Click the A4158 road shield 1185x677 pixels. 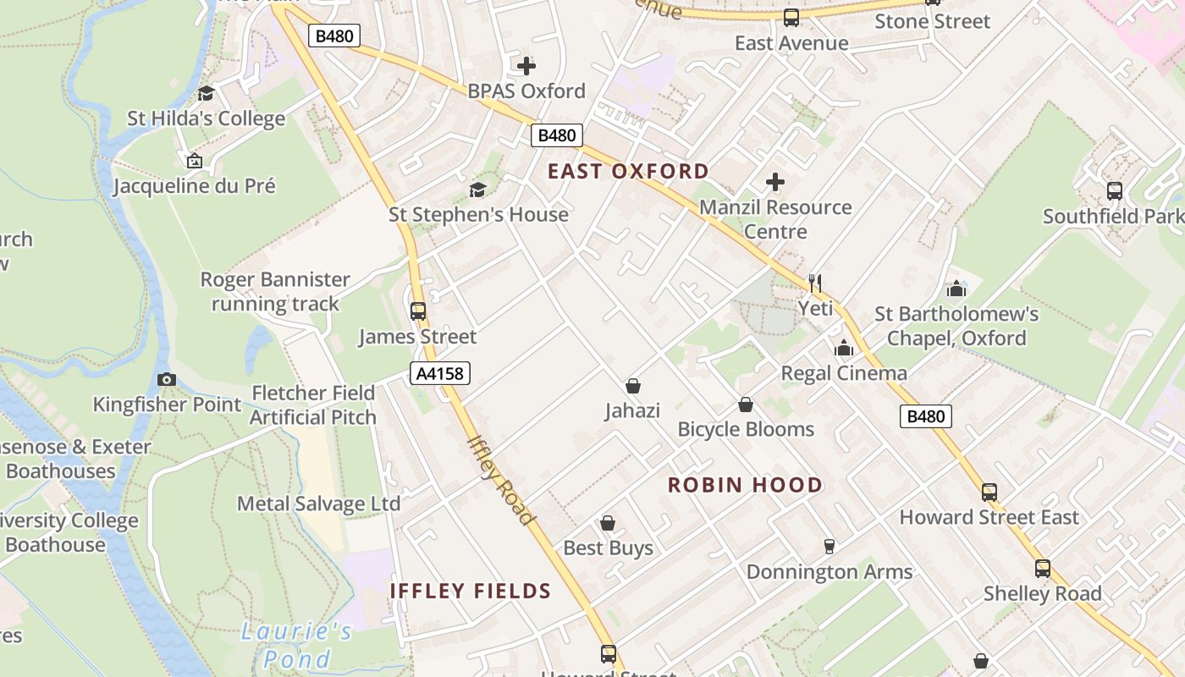coord(440,373)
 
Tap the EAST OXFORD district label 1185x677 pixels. coord(628,171)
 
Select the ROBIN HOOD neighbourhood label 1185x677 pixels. coord(745,485)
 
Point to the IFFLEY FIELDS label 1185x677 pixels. coord(471,591)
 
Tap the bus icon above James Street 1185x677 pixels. coord(418,311)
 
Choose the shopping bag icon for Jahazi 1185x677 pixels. coord(632,386)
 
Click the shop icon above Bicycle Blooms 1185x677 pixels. coord(746,405)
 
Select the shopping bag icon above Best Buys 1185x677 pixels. coord(608,523)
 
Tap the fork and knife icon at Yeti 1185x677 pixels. coord(815,283)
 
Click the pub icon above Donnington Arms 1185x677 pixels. coord(829,547)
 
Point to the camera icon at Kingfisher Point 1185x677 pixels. coord(167,379)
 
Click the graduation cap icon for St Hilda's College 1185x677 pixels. coord(206,93)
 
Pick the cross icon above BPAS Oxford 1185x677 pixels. coord(526,65)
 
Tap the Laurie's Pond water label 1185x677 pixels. coord(296,644)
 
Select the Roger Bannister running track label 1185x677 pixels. coord(275,291)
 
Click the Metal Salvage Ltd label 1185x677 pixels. coord(318,504)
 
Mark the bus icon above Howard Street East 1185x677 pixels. coord(989,492)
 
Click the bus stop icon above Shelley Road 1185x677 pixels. coord(1043,569)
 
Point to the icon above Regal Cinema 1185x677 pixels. coord(844,348)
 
